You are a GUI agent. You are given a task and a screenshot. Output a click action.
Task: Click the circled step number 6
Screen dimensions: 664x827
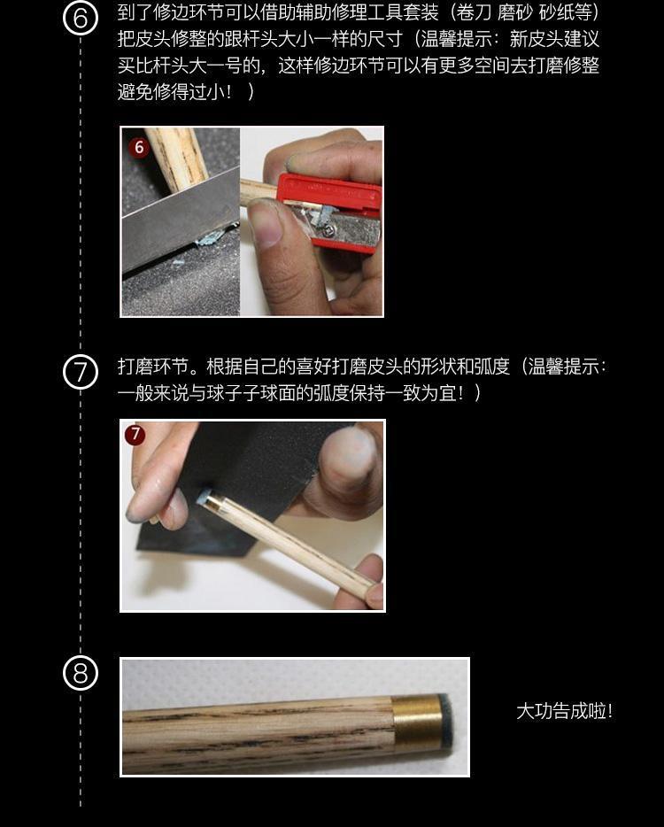click(81, 18)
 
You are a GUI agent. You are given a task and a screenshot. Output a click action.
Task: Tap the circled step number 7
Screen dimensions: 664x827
click(81, 372)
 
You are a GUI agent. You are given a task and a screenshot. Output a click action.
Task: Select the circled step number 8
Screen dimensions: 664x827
click(81, 674)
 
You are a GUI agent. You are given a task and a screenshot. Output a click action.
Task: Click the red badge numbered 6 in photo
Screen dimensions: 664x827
click(139, 147)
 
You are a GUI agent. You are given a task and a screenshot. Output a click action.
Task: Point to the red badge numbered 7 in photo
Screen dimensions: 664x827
click(135, 435)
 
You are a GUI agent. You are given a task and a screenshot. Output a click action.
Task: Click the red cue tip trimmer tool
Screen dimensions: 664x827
click(329, 211)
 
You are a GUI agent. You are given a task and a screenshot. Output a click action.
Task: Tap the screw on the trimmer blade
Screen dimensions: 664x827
click(328, 229)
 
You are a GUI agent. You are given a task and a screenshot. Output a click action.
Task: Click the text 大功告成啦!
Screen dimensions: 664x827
click(564, 711)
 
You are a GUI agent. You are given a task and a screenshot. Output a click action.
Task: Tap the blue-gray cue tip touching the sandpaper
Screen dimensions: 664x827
click(204, 497)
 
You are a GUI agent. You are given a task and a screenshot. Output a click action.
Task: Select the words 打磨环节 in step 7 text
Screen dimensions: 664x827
click(153, 366)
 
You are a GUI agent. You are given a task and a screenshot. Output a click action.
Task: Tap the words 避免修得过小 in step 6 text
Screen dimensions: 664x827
click(171, 92)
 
